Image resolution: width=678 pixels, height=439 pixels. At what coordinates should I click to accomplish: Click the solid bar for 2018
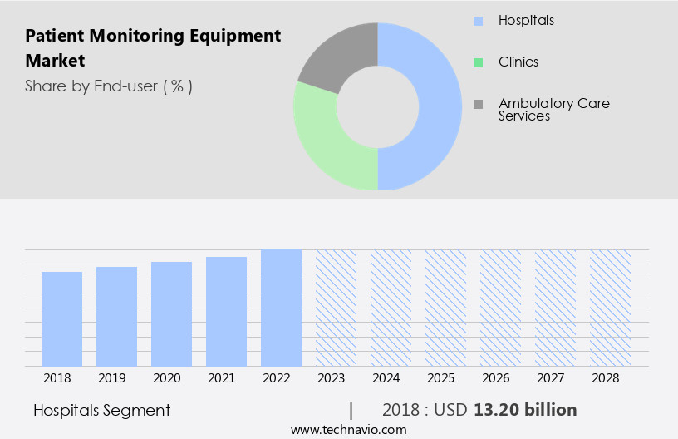pyautogui.click(x=61, y=318)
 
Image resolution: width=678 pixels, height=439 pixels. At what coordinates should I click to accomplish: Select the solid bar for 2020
pyautogui.click(x=171, y=313)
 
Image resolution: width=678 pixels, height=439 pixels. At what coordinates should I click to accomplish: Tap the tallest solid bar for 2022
pyautogui.click(x=281, y=308)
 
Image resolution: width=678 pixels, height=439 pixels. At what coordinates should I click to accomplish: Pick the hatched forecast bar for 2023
pyautogui.click(x=336, y=308)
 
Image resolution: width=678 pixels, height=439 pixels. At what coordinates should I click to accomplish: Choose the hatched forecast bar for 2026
pyautogui.click(x=500, y=308)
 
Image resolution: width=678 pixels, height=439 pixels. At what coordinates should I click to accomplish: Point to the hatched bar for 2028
pyautogui.click(x=610, y=308)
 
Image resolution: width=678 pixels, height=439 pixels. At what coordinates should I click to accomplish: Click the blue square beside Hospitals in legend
pyautogui.click(x=477, y=20)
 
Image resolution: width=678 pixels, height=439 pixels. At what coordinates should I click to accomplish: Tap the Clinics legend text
pyautogui.click(x=518, y=62)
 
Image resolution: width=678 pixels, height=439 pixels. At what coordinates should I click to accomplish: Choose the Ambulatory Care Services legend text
pyautogui.click(x=553, y=110)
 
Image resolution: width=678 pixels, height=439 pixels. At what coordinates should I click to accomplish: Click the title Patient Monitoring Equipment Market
pyautogui.click(x=153, y=48)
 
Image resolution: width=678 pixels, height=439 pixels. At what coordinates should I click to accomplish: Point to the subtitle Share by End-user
pyautogui.click(x=108, y=86)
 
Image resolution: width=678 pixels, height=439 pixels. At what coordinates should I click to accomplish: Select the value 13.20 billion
pyautogui.click(x=525, y=410)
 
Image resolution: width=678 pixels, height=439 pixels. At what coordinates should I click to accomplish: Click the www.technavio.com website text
pyautogui.click(x=348, y=430)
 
